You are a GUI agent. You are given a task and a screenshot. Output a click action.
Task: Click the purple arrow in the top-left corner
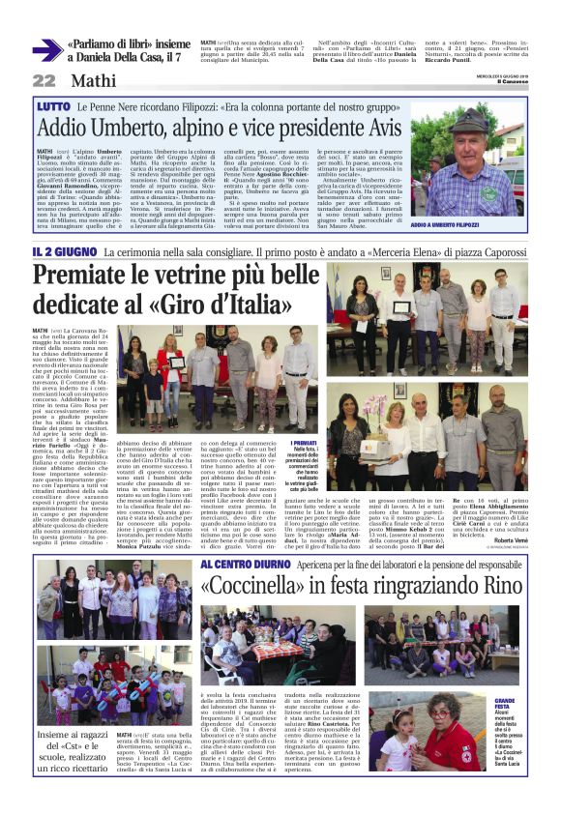click(46, 50)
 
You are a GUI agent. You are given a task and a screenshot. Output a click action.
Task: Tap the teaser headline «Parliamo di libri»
click(113, 44)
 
